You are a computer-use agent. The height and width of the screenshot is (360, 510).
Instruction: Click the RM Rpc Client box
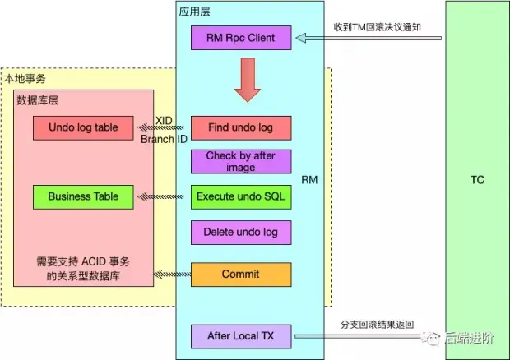pos(241,37)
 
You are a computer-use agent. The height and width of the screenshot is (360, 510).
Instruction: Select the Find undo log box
pos(241,127)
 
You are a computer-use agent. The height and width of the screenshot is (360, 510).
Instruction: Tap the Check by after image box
pos(241,162)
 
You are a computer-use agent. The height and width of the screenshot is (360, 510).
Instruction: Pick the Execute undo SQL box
pos(241,197)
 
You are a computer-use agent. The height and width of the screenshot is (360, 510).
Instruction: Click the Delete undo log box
pos(241,232)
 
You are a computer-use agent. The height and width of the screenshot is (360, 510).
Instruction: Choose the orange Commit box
pos(241,275)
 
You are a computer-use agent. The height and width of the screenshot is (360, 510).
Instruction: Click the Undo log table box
pos(83,127)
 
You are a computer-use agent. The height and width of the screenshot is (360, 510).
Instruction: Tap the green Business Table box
pos(83,197)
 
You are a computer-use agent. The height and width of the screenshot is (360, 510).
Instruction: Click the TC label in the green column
pos(477,180)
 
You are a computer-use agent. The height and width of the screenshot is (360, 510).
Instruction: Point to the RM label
pos(309,179)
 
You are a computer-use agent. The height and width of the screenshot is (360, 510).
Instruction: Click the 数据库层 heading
pos(37,100)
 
